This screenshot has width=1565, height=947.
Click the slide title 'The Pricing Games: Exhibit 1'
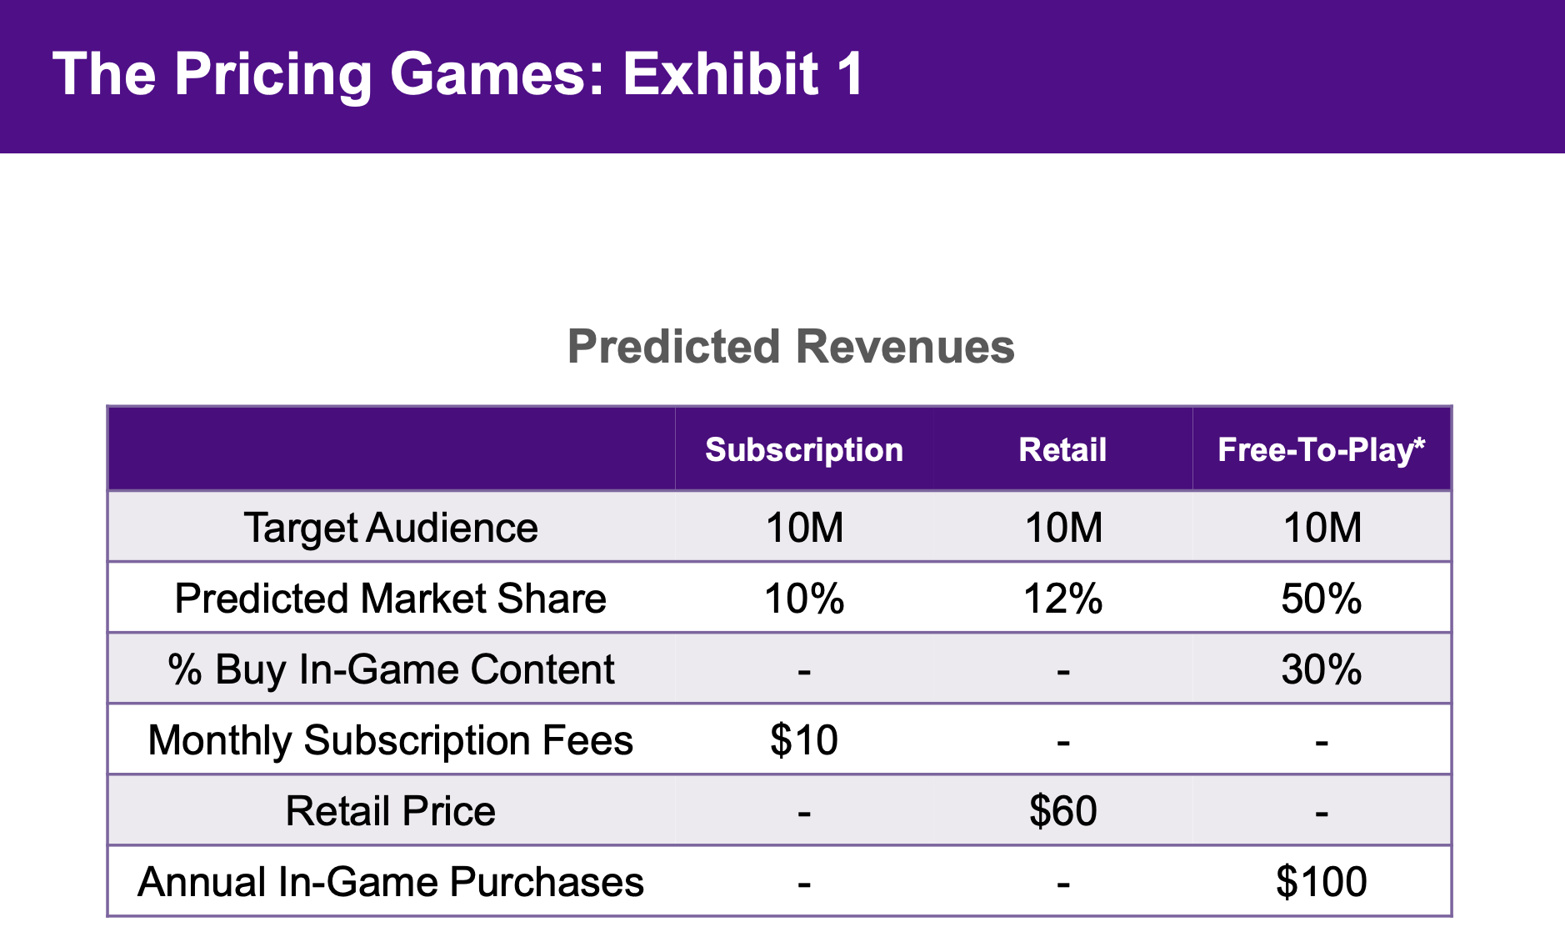tap(457, 75)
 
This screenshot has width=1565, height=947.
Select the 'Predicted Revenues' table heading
tap(791, 347)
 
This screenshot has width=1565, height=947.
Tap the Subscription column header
tap(804, 450)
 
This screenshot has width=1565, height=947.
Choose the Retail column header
tap(1062, 450)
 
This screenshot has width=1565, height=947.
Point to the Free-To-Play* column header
tap(1321, 450)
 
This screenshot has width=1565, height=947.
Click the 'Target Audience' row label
tap(391, 528)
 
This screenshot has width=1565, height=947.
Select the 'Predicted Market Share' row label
tap(391, 599)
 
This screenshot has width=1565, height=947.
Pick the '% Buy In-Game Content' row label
tap(391, 669)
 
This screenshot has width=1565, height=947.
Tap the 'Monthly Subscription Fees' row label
tap(391, 740)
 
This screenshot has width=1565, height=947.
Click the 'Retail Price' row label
tap(391, 811)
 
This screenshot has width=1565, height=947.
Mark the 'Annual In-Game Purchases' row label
tap(391, 882)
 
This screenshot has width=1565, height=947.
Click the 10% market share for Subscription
tap(804, 599)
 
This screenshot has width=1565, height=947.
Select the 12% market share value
tap(1062, 599)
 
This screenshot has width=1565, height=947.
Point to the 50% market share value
tap(1322, 599)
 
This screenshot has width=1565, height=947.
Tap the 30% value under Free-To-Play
tap(1322, 669)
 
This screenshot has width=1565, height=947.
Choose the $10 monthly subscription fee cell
tap(804, 740)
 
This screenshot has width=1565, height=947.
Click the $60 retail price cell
tap(1062, 811)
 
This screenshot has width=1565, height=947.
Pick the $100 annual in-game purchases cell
tap(1322, 882)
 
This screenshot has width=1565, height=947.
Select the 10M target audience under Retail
tap(1062, 528)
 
